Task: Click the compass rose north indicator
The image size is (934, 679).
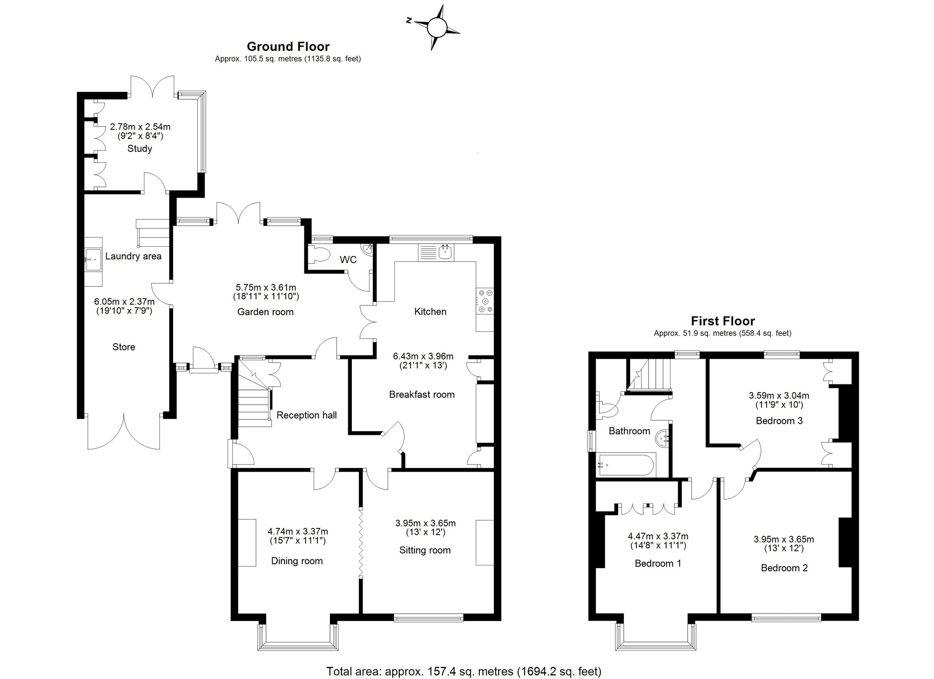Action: [x=409, y=20]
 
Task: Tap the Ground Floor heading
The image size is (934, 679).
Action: [x=288, y=46]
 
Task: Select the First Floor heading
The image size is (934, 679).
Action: [x=723, y=321]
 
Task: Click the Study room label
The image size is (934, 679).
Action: [x=140, y=149]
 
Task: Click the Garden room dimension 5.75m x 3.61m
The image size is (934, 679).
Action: [x=266, y=287]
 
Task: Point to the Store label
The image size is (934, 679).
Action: [x=123, y=347]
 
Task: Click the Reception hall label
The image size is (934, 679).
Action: [x=306, y=415]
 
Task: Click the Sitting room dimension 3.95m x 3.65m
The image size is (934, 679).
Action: [x=425, y=523]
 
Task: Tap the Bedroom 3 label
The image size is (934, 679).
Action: [x=779, y=421]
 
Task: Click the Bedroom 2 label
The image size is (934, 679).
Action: [x=784, y=568]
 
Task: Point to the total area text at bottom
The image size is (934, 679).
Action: [x=464, y=672]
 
